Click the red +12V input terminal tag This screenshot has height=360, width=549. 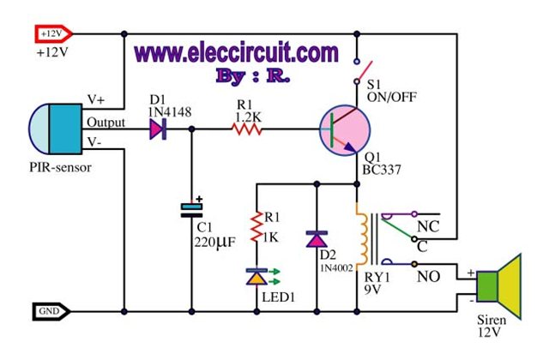pos(53,34)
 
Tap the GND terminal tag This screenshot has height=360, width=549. pos(51,311)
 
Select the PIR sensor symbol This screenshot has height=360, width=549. pos(55,129)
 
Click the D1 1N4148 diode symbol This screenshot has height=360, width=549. pos(158,129)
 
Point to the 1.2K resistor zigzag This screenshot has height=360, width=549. pos(246,129)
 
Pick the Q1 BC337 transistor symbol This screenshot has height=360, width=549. pos(345,130)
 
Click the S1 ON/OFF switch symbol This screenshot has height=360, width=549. pos(361,72)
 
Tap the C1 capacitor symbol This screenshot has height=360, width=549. pos(191,209)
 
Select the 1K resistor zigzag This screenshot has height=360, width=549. pos(256,226)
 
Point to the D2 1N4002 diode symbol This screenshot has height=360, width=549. pos(317,239)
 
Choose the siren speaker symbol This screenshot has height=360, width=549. pos(499,287)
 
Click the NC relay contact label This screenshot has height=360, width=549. pos(428,226)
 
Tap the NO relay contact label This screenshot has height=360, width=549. pos(429,277)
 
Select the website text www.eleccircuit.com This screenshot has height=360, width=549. pos(237,52)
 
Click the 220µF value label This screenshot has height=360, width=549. pos(215,242)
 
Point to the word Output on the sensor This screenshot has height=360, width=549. pos(106,122)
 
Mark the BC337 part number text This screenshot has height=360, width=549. pos(382,170)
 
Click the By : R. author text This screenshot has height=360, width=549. pos(253,75)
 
